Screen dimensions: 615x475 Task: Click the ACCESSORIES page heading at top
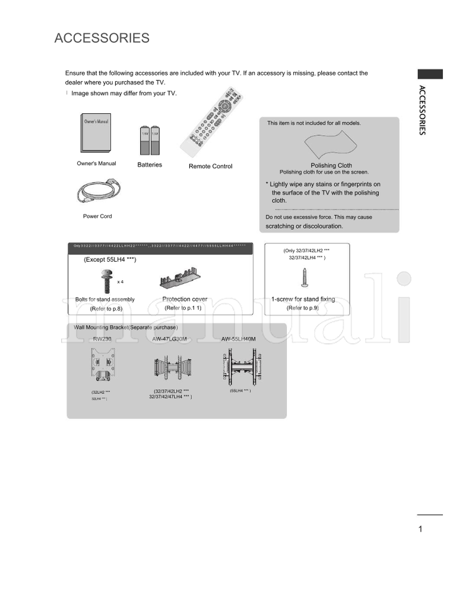[102, 39]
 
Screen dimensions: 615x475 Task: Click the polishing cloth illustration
[331, 145]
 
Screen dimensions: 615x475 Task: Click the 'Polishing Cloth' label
[331, 166]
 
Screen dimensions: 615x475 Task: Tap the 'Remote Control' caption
[210, 166]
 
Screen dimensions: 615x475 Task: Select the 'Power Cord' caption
[97, 216]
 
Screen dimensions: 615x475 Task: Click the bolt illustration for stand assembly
[107, 280]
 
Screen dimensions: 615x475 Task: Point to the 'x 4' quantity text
[121, 281]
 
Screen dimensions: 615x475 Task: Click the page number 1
[420, 530]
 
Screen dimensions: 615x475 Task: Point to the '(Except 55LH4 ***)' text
[110, 260]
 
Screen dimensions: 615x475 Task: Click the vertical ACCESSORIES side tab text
[422, 110]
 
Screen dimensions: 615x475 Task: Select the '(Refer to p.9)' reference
[303, 308]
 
